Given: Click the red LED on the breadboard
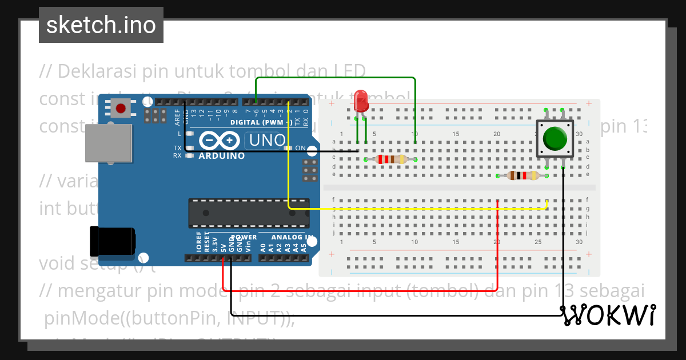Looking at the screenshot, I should click(361, 101).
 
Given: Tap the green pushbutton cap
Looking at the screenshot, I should click(555, 138).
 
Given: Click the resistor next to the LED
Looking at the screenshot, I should click(390, 159).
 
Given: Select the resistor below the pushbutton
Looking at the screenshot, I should click(523, 175).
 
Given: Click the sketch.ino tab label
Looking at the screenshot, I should click(101, 25).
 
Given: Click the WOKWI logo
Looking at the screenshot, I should click(608, 315).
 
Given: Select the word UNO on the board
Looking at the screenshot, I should click(266, 141).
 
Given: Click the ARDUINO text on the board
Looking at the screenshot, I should click(221, 155).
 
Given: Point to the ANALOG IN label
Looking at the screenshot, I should click(292, 237).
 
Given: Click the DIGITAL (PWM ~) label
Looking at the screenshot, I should click(261, 122).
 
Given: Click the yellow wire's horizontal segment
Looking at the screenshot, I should click(417, 209).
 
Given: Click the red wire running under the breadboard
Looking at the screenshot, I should click(360, 290).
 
